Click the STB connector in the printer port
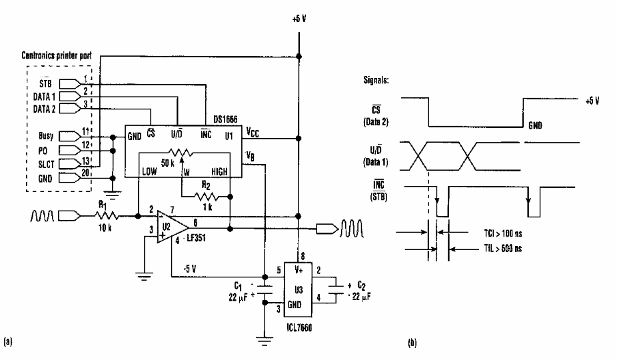[x=69, y=85]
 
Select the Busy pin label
[x=47, y=135]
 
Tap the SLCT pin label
[x=47, y=163]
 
